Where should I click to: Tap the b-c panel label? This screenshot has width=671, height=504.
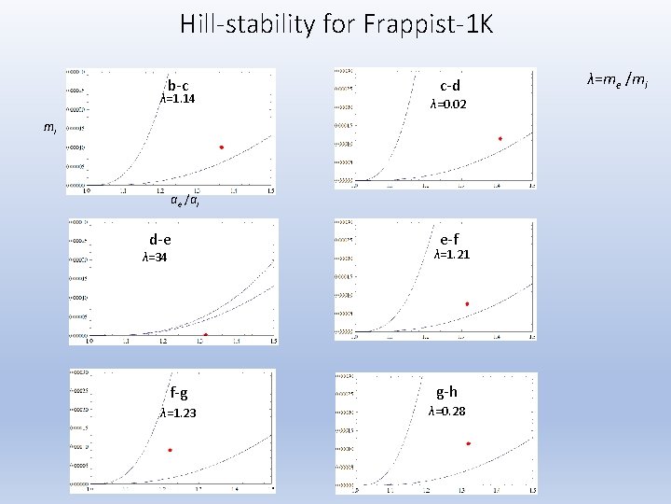tap(178, 86)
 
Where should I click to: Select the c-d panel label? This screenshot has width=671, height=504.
tap(450, 87)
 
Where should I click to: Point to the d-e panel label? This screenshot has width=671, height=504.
tap(159, 240)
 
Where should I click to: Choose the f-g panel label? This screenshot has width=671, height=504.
tap(178, 393)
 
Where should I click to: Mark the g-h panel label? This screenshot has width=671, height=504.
tap(446, 392)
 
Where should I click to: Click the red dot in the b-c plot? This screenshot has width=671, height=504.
tap(222, 147)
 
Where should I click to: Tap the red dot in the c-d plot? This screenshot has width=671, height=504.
tap(500, 139)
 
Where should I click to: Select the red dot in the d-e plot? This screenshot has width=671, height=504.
tap(205, 334)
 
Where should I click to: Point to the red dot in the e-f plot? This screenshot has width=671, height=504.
tap(467, 304)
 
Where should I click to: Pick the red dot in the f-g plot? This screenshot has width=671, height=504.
tap(170, 450)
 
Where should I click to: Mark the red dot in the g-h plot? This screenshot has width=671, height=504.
tap(468, 443)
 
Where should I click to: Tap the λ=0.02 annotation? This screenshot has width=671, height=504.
tap(448, 105)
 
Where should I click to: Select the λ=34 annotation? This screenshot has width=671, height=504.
tap(155, 258)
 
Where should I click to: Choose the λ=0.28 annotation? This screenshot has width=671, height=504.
tap(447, 412)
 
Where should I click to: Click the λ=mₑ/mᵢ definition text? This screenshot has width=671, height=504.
tap(617, 81)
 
